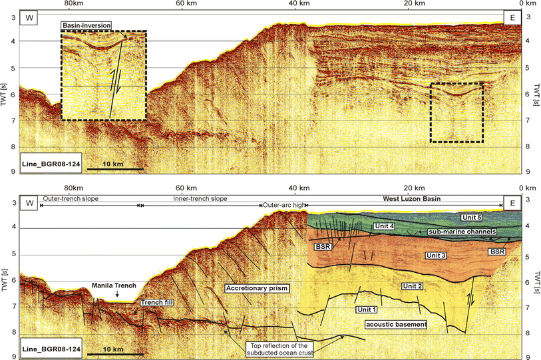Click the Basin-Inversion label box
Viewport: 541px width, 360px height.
(x=86, y=26)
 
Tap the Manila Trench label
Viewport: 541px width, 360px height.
(x=114, y=286)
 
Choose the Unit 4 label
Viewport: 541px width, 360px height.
(x=385, y=226)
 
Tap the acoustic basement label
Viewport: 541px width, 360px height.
(x=395, y=324)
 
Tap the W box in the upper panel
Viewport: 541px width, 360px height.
(x=29, y=18)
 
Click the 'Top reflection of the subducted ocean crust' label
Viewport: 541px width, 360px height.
(x=280, y=350)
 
